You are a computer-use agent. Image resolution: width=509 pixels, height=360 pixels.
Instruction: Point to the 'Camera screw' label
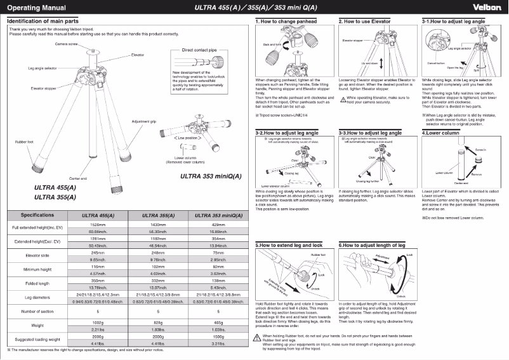(x=67, y=44)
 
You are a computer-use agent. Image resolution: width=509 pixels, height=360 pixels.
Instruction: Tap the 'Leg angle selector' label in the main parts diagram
(x=43, y=67)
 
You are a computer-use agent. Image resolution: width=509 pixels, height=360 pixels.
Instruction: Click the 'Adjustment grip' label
(x=144, y=103)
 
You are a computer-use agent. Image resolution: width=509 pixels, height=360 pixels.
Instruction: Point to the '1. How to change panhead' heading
(x=288, y=22)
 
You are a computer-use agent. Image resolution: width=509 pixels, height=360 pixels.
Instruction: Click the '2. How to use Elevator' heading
(x=366, y=22)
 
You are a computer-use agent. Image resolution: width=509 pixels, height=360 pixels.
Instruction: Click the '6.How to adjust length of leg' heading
(x=374, y=244)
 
